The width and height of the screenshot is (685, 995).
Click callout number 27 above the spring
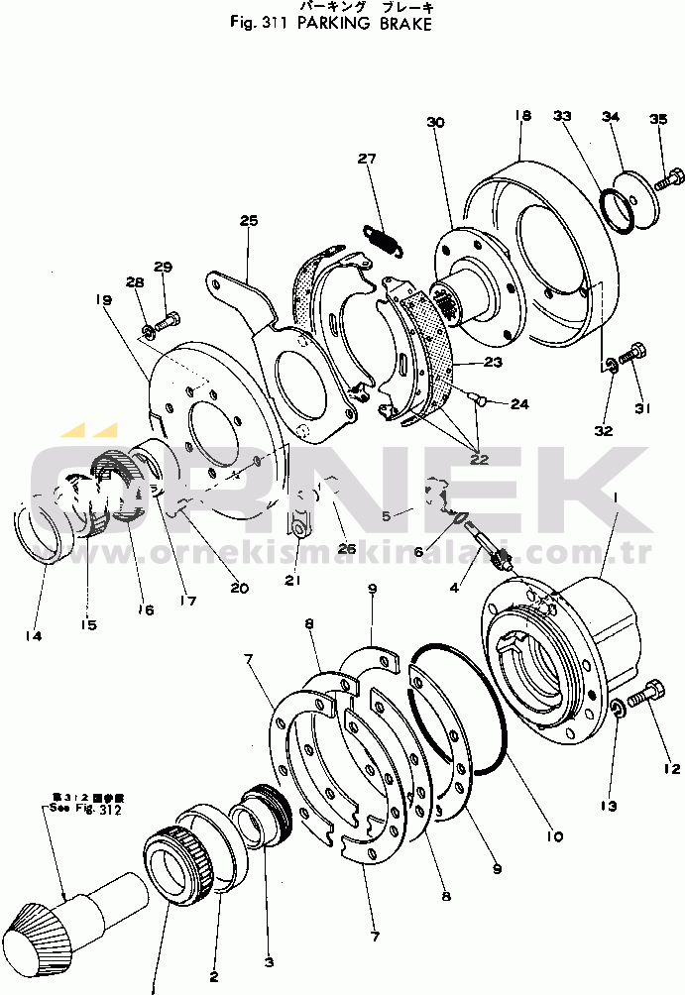[x=368, y=159]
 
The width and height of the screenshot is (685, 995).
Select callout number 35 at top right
[x=658, y=120]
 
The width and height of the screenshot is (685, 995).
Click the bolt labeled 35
[x=668, y=180]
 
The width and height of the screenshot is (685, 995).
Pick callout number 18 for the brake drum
[x=522, y=116]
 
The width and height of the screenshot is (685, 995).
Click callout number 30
[x=436, y=122]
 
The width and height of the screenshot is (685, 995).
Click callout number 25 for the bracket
[x=247, y=219]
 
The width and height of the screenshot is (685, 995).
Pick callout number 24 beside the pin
[x=520, y=403]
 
